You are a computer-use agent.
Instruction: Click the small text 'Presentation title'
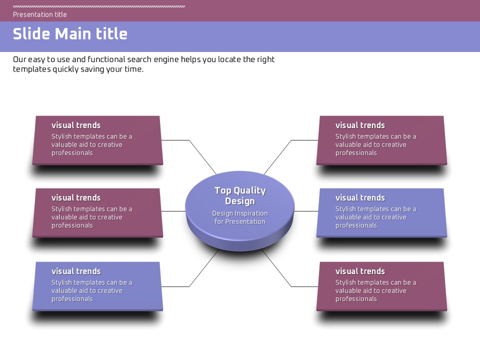[x=40, y=14]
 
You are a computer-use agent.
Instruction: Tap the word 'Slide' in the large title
[x=31, y=34]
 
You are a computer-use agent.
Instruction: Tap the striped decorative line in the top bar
[x=99, y=6]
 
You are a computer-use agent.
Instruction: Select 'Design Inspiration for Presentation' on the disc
[x=240, y=217]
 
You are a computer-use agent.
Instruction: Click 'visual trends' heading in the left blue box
[x=76, y=271]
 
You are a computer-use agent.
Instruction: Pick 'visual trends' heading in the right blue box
[x=360, y=197]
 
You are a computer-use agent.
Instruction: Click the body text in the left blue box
[x=91, y=290]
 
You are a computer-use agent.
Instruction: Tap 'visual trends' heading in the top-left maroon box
[x=76, y=125]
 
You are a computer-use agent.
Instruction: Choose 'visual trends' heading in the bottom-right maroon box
[x=360, y=271]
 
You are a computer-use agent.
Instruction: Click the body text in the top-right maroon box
[x=375, y=144]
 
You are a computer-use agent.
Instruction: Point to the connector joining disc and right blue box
[x=306, y=211]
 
